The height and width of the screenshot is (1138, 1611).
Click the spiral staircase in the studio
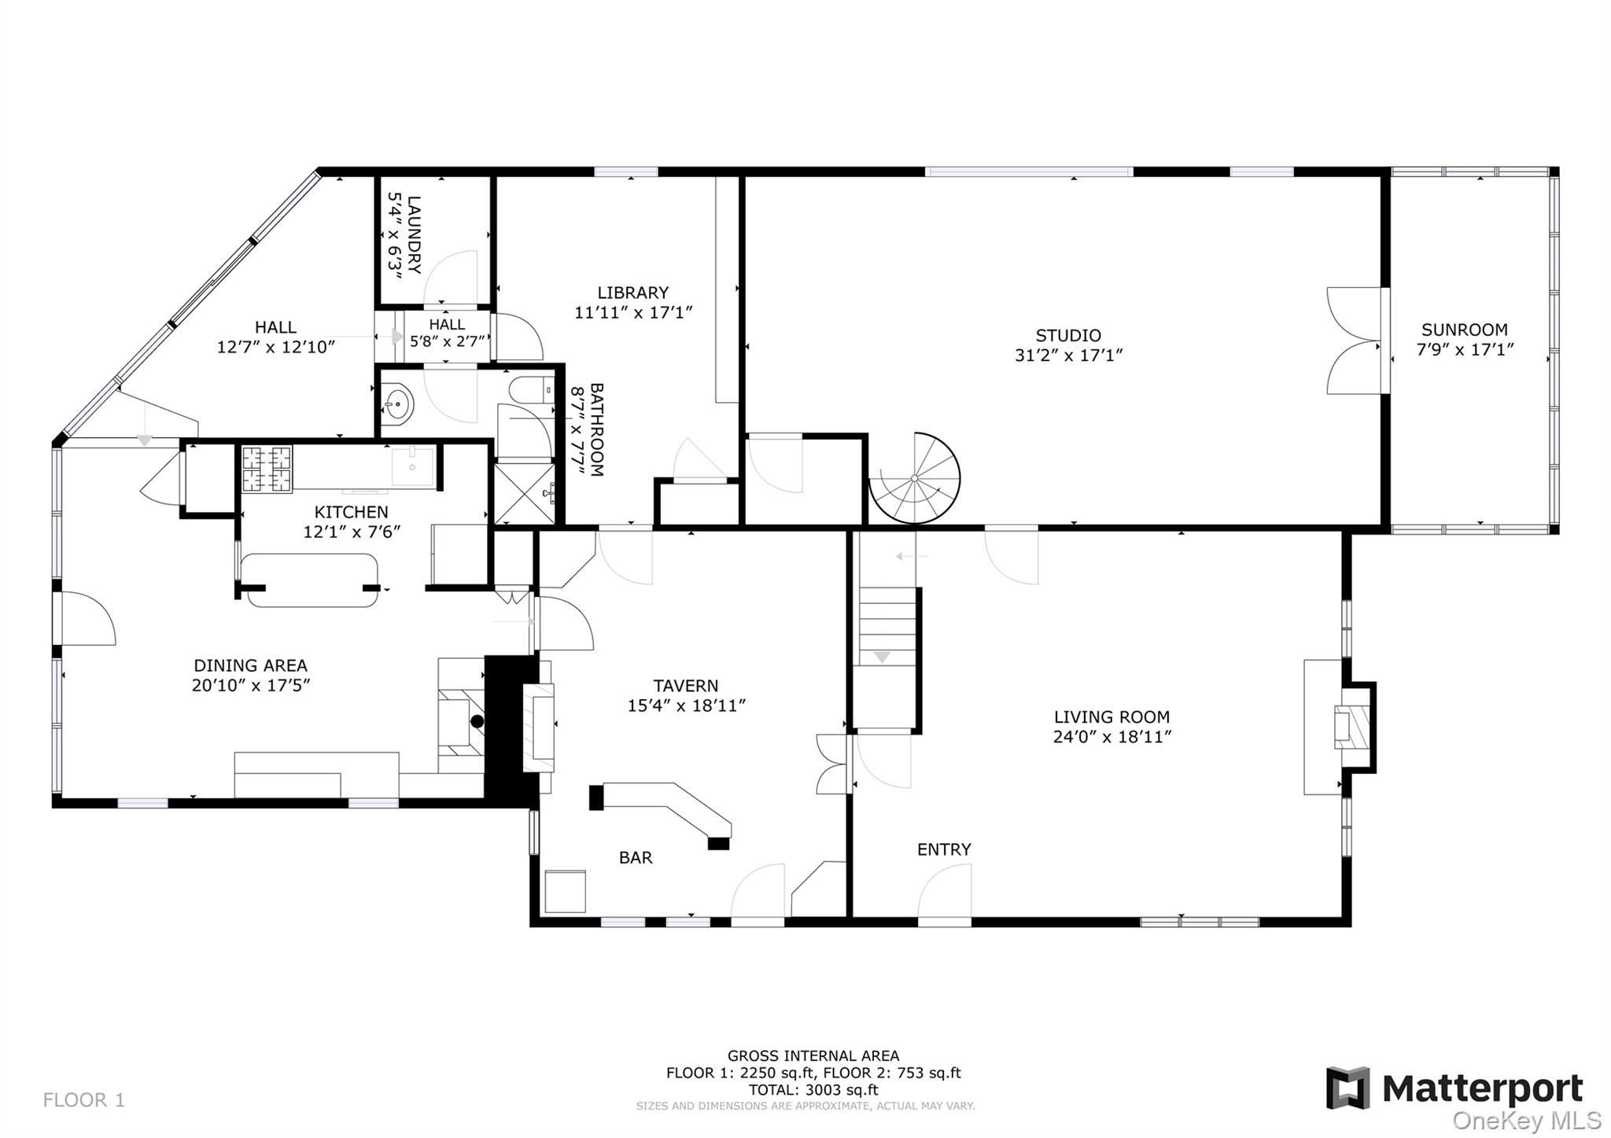915,479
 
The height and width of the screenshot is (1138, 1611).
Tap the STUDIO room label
1067,336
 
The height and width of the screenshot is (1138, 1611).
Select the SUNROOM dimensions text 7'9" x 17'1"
1465,350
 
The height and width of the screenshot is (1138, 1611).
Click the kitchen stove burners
267,469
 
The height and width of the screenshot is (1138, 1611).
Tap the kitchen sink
412,467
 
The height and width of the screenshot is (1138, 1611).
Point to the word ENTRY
944,849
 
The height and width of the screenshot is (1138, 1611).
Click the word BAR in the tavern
636,858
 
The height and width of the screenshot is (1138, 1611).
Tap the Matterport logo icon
1348,1088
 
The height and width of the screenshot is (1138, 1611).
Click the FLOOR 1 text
84,1099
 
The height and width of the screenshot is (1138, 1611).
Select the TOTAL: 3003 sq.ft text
813,1090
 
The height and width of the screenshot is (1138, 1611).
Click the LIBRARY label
632,293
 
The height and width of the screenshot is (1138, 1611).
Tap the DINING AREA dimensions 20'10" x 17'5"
251,685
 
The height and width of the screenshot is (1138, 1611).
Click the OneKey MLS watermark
1526,1120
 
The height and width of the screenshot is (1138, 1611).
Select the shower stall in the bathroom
523,495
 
